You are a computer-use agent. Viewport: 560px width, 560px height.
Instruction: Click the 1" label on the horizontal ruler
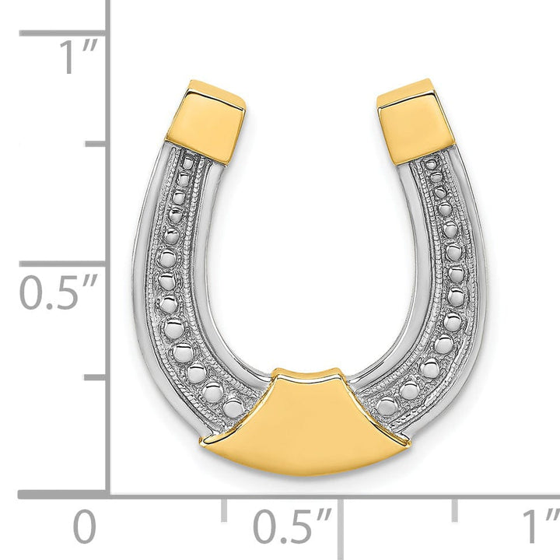[x=540, y=527]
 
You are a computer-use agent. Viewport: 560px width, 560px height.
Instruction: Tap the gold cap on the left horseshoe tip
[x=205, y=121]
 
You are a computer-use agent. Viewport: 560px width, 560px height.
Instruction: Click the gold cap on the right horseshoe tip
[x=415, y=119]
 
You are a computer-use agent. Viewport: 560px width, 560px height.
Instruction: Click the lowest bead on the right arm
[x=387, y=405]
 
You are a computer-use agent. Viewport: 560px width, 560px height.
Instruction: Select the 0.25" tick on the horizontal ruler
[x=224, y=510]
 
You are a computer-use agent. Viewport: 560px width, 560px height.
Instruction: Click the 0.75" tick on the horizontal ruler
[x=455, y=510]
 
